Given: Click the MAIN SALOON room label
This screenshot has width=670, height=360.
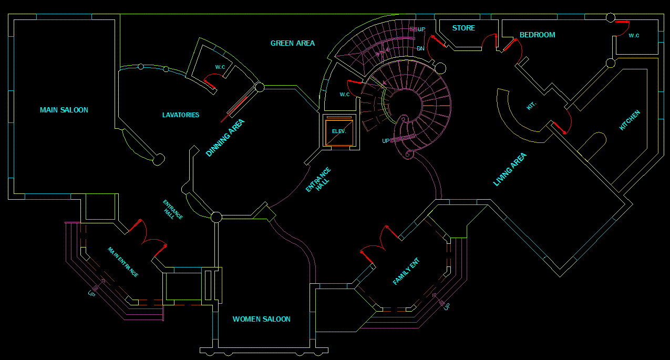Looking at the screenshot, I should click(x=64, y=110).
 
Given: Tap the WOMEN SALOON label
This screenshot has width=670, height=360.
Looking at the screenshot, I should click(x=261, y=319).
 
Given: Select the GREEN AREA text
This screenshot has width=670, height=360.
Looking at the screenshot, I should click(x=293, y=43).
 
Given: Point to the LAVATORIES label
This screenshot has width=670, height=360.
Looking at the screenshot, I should click(x=181, y=115).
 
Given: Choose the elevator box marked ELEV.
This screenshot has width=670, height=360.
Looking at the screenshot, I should click(x=339, y=131).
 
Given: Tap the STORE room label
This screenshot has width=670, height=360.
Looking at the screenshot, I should click(x=463, y=28).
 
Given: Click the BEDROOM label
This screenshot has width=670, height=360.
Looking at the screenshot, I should click(x=537, y=35).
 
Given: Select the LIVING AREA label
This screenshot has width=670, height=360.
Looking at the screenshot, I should click(x=509, y=169).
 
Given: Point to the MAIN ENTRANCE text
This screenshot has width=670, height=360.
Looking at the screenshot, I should click(x=123, y=262).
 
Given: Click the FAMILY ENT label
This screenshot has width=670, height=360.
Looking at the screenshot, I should click(x=406, y=271).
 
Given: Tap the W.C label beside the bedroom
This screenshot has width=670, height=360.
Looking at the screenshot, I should click(x=634, y=35).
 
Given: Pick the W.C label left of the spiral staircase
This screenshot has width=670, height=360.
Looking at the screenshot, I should click(x=345, y=95).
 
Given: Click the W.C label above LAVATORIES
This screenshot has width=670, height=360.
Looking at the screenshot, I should click(x=220, y=67).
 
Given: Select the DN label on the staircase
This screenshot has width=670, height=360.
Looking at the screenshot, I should click(x=420, y=48).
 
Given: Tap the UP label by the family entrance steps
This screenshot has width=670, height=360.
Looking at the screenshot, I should click(x=447, y=306).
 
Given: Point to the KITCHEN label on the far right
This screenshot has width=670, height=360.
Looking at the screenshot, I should click(x=630, y=120).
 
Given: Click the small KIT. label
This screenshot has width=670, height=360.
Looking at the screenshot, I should click(x=531, y=106).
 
